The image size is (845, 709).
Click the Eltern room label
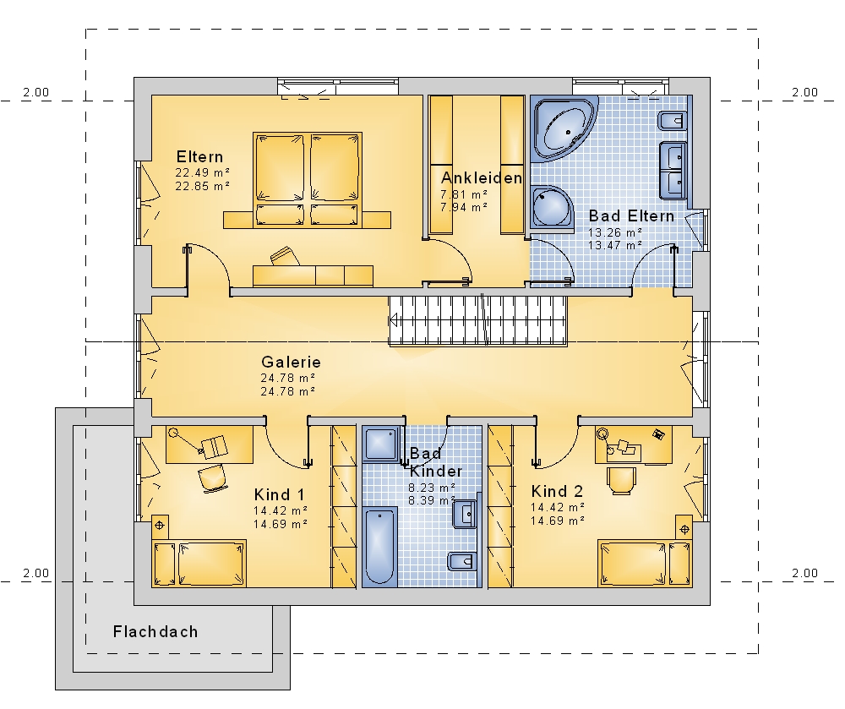(x=199, y=157)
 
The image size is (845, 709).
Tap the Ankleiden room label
(x=482, y=177)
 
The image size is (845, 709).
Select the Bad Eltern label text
(x=631, y=216)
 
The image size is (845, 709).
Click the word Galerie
(x=291, y=362)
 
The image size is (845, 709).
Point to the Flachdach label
(x=155, y=631)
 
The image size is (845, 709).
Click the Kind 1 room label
(x=279, y=494)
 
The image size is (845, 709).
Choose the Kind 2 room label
(x=557, y=491)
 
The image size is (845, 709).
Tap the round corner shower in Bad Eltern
(x=551, y=208)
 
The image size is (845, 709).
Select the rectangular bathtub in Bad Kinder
(x=380, y=546)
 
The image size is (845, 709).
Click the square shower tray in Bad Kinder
(x=382, y=444)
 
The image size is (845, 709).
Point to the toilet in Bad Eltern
(x=672, y=121)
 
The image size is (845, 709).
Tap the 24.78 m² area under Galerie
(x=288, y=379)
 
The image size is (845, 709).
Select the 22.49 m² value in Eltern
(x=203, y=173)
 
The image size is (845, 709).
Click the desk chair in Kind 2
(x=621, y=481)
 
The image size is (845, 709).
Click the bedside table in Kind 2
(x=684, y=529)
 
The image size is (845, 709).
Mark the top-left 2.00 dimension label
(x=35, y=93)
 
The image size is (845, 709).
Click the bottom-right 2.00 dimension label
(x=804, y=573)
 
